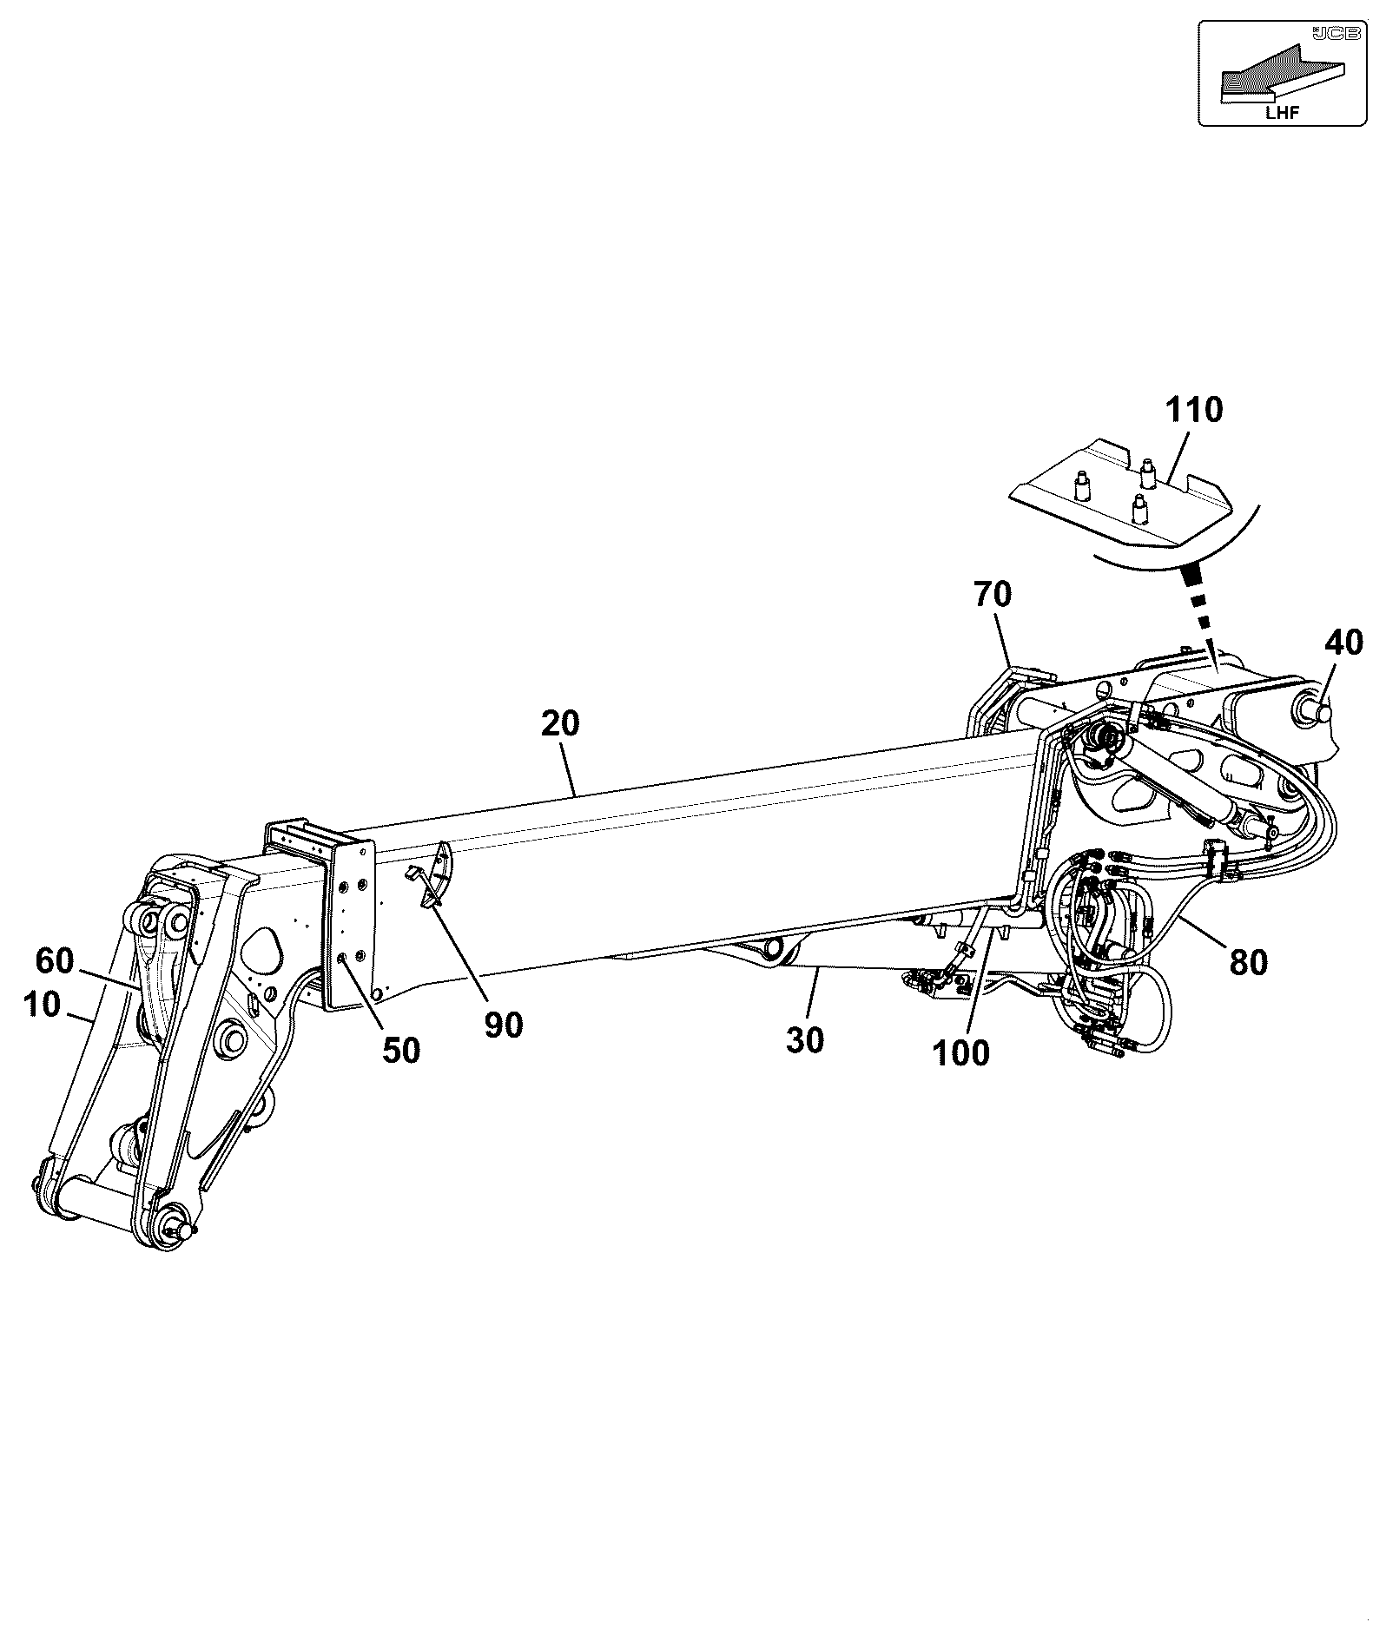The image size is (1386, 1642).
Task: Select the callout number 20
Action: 560,723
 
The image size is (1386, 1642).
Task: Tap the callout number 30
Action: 805,1040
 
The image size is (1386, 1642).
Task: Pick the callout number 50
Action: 401,1051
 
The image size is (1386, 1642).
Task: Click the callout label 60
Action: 56,960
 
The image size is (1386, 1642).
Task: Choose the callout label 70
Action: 993,595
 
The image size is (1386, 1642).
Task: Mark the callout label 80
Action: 1248,961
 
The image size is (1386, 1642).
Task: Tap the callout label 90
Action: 504,1025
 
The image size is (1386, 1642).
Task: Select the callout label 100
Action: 960,1053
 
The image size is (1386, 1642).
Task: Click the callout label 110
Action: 1193,409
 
